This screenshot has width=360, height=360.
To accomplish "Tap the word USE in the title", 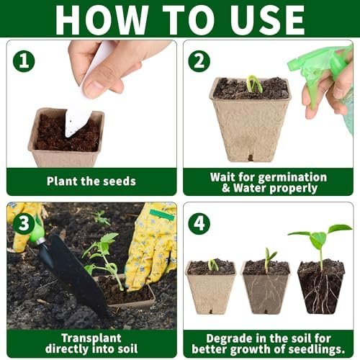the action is click(267, 19).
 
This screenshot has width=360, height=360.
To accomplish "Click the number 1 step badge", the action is click(24, 61).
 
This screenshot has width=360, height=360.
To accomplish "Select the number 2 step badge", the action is click(199, 61).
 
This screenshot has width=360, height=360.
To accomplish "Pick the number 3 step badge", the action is click(24, 223).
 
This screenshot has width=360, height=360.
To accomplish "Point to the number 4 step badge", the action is click(199, 223).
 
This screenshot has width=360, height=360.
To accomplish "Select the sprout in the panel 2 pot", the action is click(254, 84).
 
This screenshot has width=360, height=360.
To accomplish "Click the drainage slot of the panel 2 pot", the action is click(251, 158).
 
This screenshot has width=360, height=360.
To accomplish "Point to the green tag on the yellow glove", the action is click(162, 215).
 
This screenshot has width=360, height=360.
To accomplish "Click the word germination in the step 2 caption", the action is click(293, 178).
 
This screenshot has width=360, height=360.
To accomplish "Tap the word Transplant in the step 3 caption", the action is click(91, 338).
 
